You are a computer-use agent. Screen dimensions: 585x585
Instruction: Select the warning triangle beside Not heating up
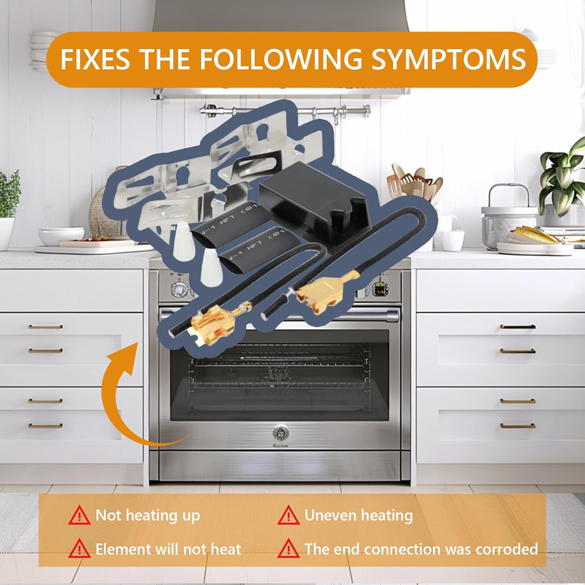79,516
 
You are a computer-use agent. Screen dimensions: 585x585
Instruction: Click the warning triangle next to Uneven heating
289,516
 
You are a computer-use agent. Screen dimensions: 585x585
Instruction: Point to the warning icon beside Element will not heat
79,549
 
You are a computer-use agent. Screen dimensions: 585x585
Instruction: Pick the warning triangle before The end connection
289,549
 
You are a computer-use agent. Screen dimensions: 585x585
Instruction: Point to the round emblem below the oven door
278,432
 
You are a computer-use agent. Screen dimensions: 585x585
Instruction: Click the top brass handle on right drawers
518,326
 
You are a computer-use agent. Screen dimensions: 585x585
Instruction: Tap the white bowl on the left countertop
61,236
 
